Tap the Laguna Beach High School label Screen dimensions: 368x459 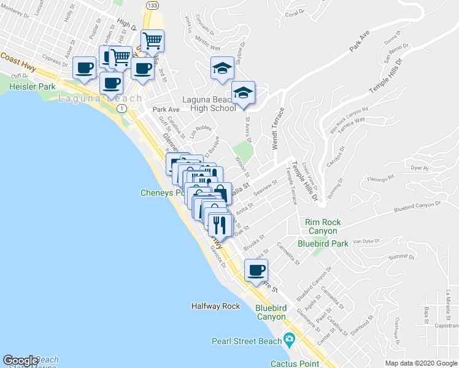point(209,104)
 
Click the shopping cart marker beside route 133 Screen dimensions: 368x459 point(152,41)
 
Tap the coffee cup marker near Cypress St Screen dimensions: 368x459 point(84,67)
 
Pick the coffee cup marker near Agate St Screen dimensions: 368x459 point(256,270)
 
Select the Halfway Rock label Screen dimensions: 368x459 point(215,305)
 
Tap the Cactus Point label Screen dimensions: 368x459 point(295,363)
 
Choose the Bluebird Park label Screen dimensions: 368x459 point(323,243)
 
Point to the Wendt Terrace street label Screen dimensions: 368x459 point(277,129)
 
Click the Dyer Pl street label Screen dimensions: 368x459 point(419,167)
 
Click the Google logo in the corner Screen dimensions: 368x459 point(20,361)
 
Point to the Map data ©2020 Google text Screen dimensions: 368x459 point(420,363)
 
